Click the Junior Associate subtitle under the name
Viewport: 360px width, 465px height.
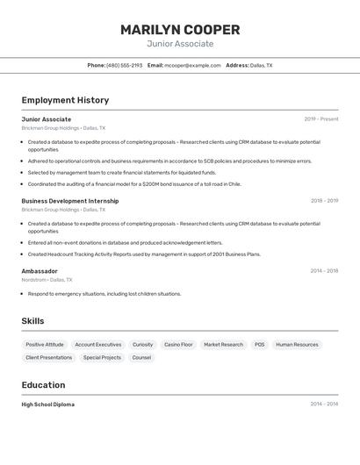coord(180,44)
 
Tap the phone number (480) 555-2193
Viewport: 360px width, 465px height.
coord(124,65)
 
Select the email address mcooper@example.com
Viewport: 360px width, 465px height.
coord(192,65)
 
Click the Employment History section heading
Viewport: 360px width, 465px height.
coord(65,100)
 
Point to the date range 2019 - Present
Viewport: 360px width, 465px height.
coord(321,119)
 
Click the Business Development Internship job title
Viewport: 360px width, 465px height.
coord(70,201)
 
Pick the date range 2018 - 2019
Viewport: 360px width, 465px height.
coord(324,201)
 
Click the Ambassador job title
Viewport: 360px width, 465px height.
coord(40,271)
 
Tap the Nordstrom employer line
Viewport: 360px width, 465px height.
coord(47,280)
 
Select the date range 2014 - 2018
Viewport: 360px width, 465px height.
coord(324,271)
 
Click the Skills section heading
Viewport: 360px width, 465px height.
coord(32,321)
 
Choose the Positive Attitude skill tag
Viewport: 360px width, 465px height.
coord(45,345)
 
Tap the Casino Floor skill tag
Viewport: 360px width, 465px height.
coord(178,345)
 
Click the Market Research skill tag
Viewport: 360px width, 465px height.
coord(223,345)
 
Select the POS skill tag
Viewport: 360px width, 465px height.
coord(259,345)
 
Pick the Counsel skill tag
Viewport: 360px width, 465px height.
coord(141,358)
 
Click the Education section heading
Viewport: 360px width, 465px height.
coord(43,385)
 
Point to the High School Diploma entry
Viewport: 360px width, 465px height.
coord(48,404)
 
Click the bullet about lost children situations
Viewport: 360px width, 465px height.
coord(104,294)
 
